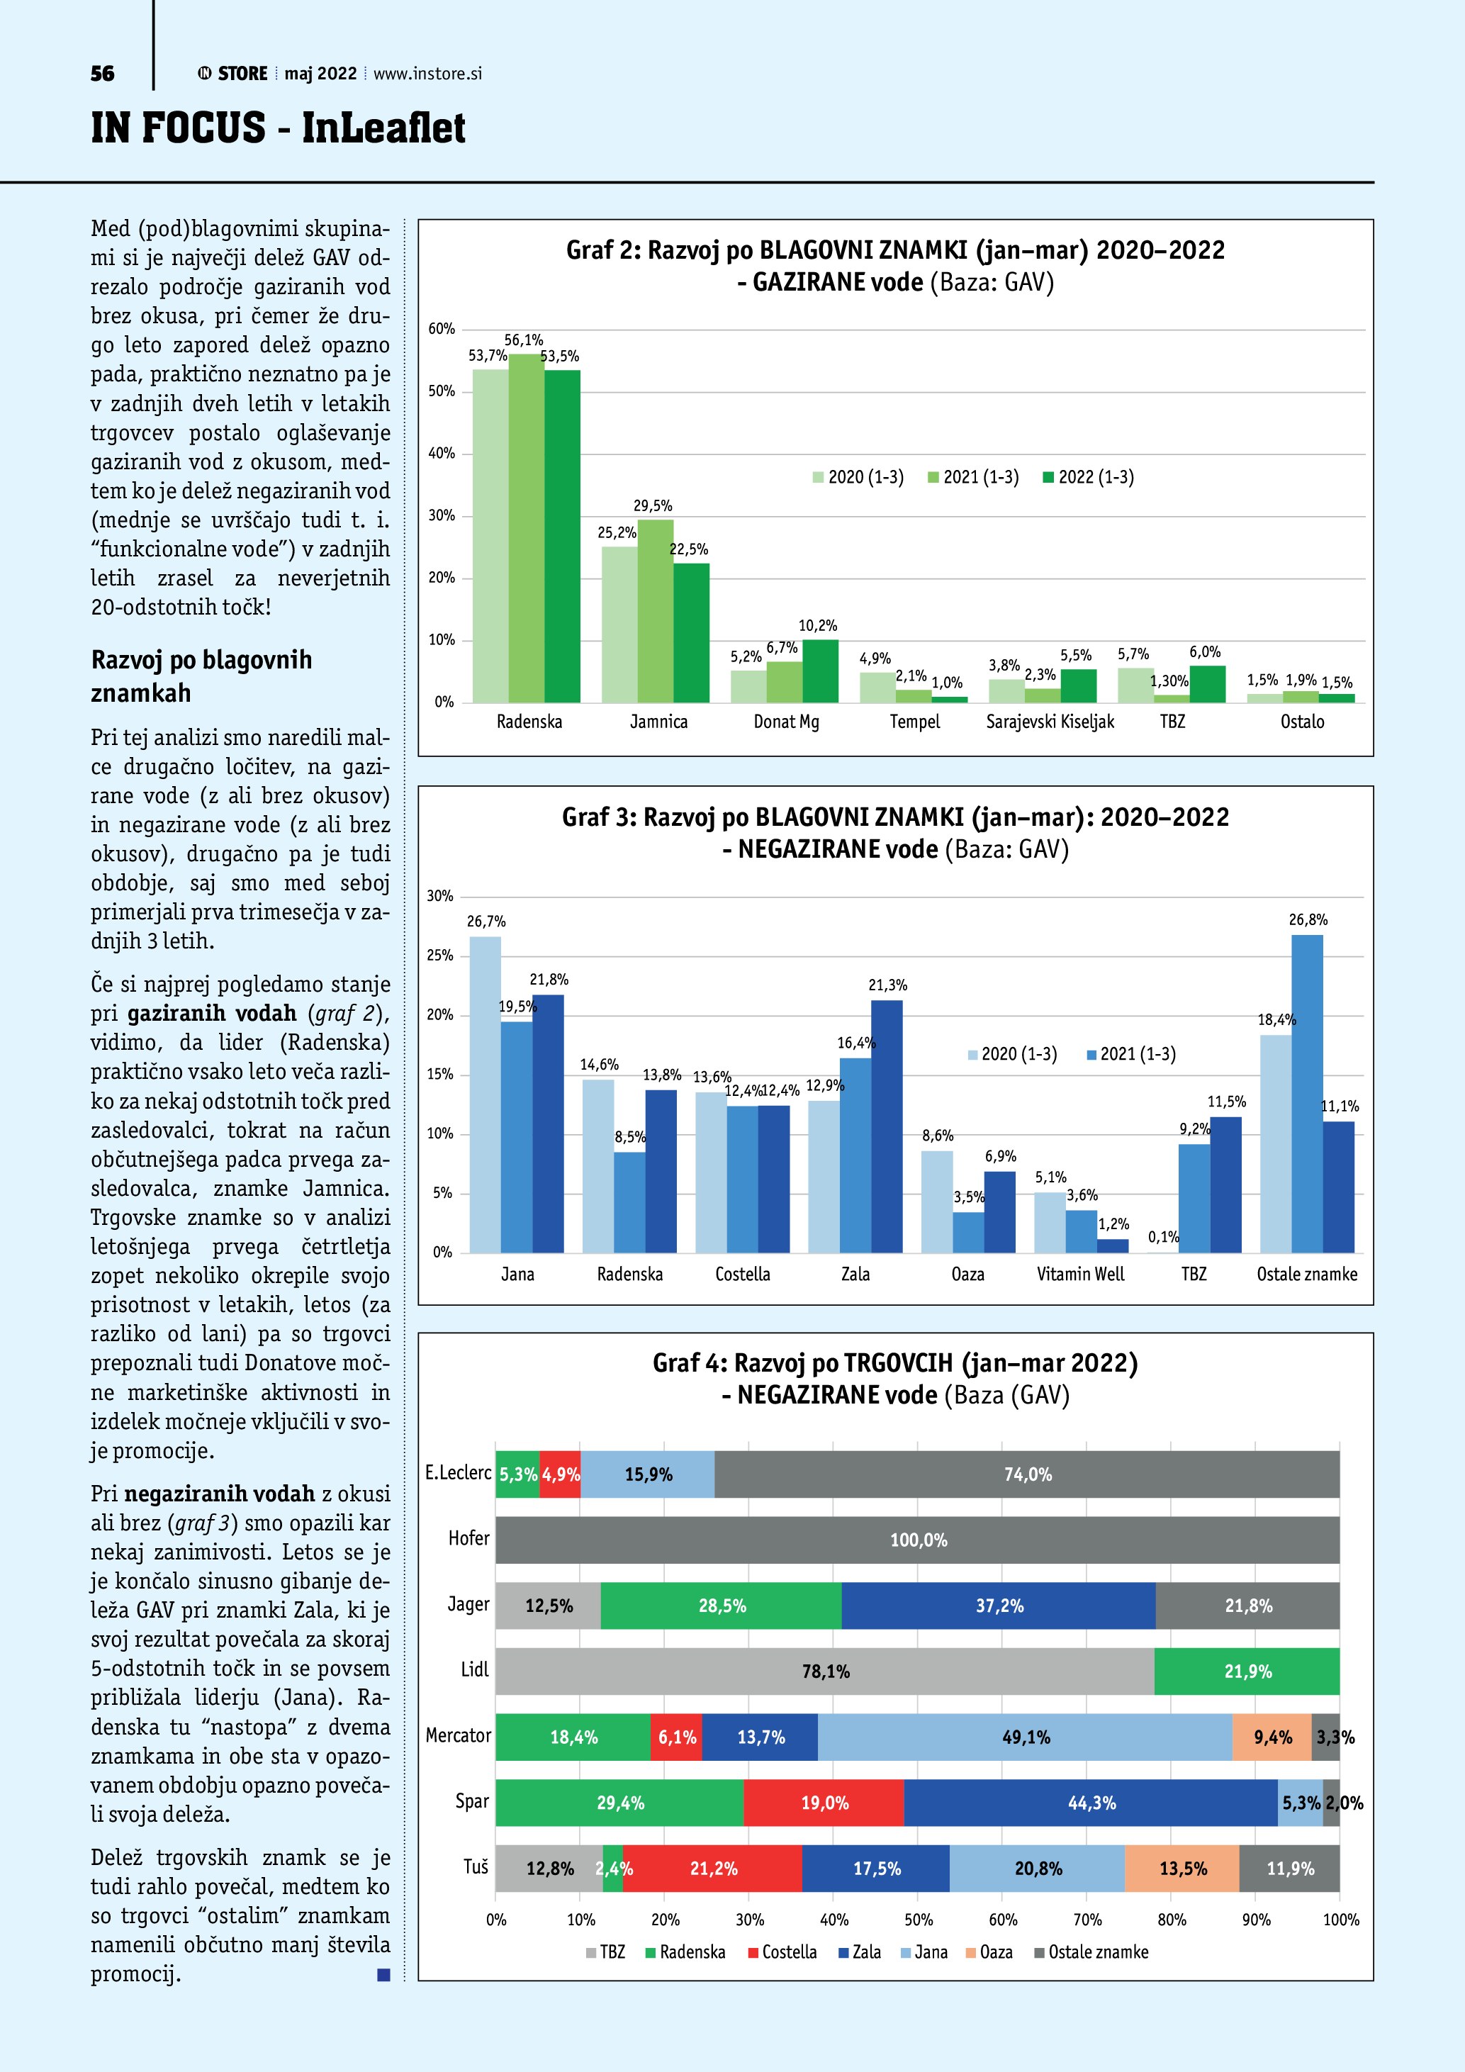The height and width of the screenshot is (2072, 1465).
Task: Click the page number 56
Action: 103,74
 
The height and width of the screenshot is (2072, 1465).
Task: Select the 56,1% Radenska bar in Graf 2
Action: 526,528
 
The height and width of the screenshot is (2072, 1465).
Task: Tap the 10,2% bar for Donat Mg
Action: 820,671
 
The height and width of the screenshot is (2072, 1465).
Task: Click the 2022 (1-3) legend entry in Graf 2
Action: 1088,477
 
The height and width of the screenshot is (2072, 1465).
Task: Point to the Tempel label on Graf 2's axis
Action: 915,722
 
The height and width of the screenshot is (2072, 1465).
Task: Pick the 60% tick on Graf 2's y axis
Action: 441,330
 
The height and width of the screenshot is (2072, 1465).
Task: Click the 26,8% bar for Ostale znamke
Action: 1307,1094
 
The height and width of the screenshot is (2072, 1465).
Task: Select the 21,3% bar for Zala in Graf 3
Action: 887,1126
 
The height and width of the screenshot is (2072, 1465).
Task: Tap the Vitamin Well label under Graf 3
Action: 1081,1275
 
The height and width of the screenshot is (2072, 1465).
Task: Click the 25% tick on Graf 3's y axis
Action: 439,956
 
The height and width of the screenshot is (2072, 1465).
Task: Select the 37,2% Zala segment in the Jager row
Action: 999,1606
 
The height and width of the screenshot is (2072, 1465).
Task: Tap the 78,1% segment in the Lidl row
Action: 824,1671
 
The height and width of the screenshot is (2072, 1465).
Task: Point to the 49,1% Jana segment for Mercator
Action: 1025,1737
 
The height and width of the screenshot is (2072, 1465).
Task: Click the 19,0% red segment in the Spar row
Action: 824,1803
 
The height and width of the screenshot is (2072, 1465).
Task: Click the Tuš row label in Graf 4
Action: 476,1866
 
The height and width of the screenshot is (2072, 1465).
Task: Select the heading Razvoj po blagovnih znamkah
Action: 201,676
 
